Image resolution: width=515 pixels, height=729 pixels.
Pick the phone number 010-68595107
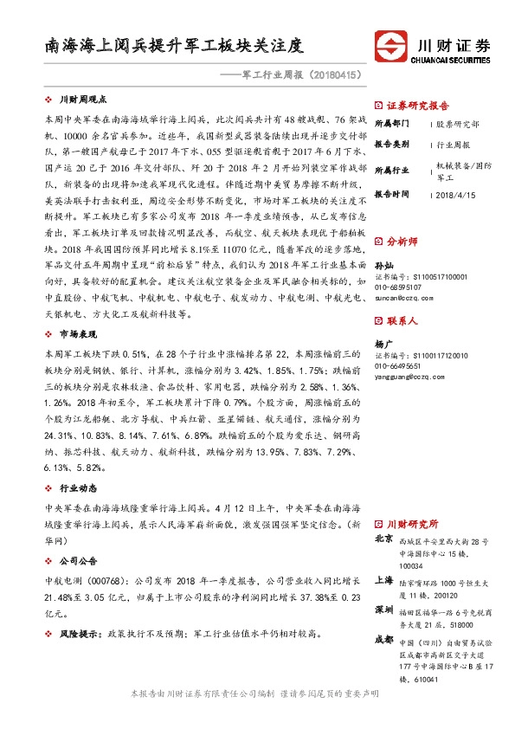pyautogui.click(x=399, y=286)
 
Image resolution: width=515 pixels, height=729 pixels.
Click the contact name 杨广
pyautogui.click(x=383, y=344)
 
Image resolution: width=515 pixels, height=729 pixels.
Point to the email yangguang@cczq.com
pyautogui.click(x=406, y=374)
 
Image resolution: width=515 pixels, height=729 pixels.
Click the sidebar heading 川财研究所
pyautogui.click(x=411, y=524)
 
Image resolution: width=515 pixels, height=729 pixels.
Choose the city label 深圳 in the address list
pyautogui.click(x=383, y=610)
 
